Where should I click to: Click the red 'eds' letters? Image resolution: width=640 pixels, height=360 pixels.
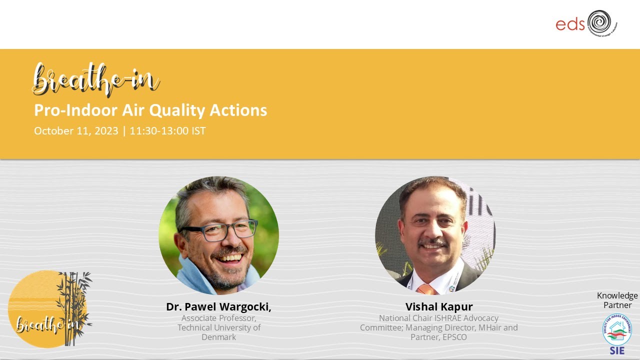pos(570,24)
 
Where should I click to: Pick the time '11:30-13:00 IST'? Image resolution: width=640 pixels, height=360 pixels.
pos(167,131)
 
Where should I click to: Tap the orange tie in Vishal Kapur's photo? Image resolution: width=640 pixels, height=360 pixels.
pos(426,289)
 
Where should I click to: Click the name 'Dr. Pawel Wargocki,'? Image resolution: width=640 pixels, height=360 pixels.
pos(218,306)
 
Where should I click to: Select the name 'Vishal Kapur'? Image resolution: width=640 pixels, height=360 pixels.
pos(439,306)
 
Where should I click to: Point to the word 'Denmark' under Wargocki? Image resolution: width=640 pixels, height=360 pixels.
pos(218,337)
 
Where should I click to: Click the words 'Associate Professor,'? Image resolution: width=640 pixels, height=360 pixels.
pos(218,318)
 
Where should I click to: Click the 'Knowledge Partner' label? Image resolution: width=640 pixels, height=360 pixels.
pos(617,300)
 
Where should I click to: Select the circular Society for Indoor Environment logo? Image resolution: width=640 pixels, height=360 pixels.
pos(616,329)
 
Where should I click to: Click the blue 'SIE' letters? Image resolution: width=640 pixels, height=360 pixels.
pos(617,350)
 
